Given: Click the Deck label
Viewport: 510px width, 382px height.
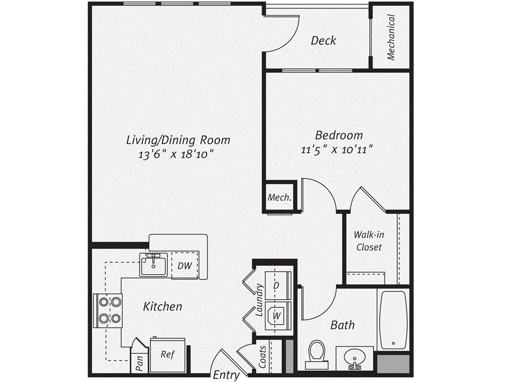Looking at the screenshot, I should [323, 40].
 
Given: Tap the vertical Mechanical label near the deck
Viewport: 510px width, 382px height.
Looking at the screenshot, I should [391, 37].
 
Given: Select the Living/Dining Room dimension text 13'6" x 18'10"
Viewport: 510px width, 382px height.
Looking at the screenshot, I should [177, 154].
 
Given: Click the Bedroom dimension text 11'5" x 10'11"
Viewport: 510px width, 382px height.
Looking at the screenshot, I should [339, 149].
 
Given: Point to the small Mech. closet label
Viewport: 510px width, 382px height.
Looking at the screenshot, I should [280, 197].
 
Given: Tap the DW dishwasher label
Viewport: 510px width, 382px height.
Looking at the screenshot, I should [185, 266].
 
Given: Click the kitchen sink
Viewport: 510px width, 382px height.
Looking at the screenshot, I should [153, 265].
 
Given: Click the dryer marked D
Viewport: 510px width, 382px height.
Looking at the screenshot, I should [275, 286].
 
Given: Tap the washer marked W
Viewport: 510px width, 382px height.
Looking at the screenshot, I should [275, 314].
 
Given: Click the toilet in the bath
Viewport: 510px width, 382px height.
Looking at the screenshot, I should [316, 354].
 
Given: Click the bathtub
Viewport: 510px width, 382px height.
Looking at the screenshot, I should [393, 320].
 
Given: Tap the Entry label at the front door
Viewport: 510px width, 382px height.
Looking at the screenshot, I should [226, 375].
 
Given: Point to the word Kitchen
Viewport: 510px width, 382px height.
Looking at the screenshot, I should [162, 306].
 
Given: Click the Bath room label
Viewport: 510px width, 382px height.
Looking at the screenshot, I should [343, 325].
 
